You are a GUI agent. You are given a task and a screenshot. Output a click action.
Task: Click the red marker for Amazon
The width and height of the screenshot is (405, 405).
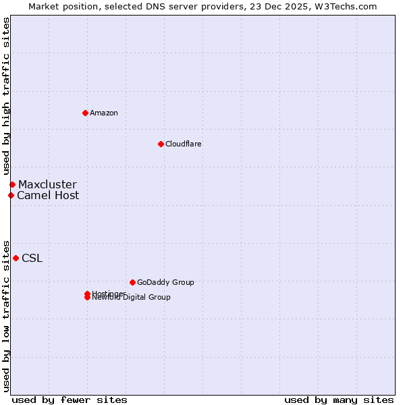coord(85,113)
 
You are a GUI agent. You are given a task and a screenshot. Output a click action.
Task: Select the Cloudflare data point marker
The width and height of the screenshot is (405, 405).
coord(161,144)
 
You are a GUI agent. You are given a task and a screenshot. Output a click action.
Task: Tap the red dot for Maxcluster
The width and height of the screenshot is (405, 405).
coord(12,184)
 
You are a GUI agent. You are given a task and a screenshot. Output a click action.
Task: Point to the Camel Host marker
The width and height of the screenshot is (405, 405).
coord(11,195)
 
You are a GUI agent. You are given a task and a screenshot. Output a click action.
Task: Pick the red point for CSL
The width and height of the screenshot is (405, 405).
coord(16,258)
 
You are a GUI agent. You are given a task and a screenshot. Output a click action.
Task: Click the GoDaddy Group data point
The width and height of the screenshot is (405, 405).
coord(132,282)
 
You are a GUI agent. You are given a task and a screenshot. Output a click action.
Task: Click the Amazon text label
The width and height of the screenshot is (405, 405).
coord(104,113)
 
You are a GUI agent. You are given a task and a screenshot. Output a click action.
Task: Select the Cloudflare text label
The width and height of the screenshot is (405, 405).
coord(184,144)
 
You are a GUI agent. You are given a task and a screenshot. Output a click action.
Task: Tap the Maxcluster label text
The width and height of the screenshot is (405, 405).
coord(47,184)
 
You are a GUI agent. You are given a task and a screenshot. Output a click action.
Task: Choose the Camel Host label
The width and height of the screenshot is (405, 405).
coord(48,195)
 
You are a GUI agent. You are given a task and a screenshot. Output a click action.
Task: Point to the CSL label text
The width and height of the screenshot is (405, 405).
coord(32,258)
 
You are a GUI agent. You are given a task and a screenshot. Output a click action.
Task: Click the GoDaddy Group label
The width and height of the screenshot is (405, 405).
coord(165,282)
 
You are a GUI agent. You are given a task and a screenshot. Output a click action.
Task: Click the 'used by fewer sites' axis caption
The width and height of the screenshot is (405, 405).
coord(70,400)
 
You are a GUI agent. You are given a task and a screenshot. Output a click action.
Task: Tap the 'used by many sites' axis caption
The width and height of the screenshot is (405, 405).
coord(339,400)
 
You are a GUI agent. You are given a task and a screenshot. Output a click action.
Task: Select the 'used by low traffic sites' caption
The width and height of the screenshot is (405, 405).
coord(6,315)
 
